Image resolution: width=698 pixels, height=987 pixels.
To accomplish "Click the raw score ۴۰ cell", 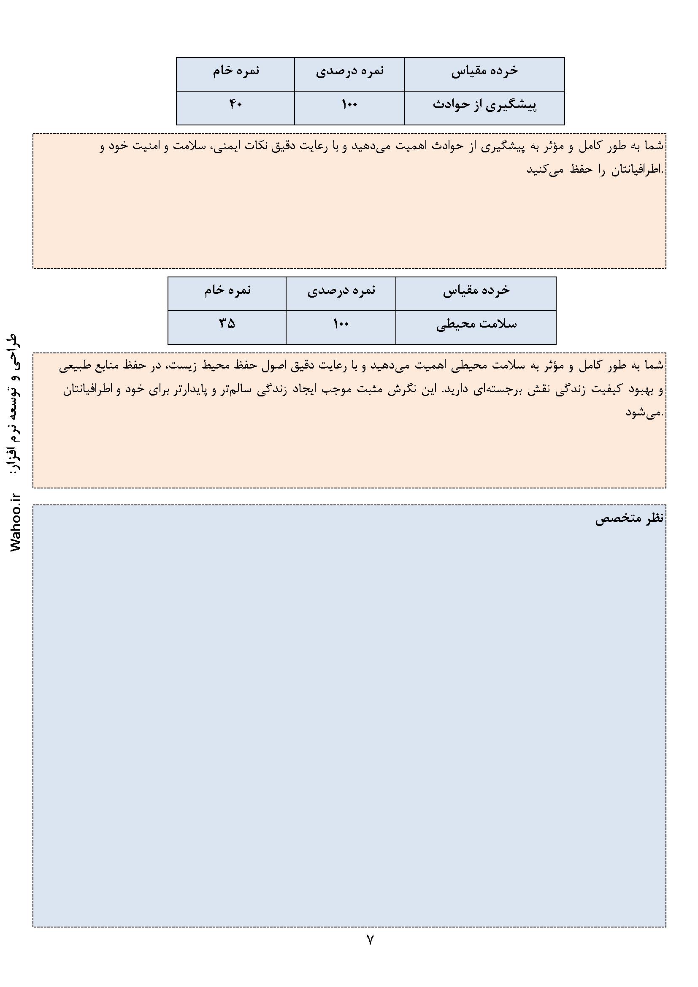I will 235,104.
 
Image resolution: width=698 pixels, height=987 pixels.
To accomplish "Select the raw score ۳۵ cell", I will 227,324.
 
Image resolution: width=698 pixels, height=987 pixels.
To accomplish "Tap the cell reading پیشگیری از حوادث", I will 484,105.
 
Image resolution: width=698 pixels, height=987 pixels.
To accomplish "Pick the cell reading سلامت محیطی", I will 476,324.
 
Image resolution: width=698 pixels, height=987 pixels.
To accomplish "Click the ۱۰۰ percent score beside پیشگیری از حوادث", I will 349,104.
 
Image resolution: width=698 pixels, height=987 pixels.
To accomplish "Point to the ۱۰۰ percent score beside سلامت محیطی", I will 341,324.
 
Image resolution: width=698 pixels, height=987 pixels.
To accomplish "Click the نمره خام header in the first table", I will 236,71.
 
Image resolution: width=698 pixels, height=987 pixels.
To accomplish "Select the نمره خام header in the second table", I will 227,290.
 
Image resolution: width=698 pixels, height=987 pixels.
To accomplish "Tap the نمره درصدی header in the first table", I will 349,71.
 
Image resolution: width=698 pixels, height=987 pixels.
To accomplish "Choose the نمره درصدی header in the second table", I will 341,290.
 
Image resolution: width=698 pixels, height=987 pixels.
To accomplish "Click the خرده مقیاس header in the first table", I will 484,71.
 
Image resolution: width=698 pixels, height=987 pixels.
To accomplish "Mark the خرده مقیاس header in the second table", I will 476,290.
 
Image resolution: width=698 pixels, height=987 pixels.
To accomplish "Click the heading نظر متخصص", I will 629,519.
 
